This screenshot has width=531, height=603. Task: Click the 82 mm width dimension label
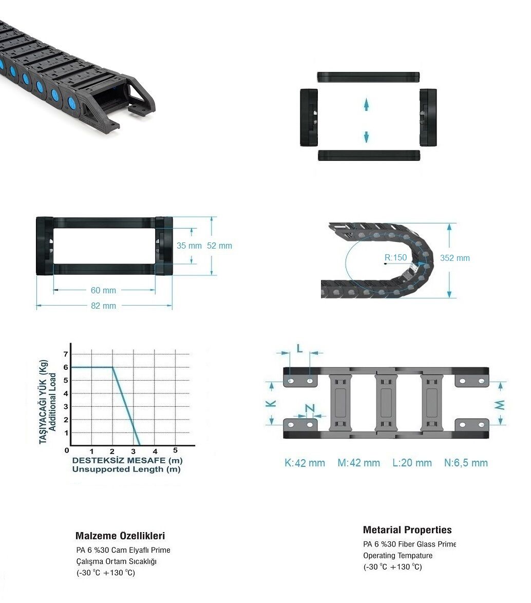tap(103, 306)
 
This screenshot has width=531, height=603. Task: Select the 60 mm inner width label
tap(103, 290)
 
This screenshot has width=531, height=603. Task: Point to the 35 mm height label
tap(189, 246)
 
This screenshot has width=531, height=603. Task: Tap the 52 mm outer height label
tap(219, 246)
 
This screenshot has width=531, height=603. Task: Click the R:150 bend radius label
tap(395, 257)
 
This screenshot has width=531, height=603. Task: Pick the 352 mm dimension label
tap(455, 258)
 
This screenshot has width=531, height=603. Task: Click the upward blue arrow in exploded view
tap(366, 104)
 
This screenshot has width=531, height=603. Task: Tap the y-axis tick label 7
tap(66, 354)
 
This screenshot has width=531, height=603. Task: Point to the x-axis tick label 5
tap(175, 450)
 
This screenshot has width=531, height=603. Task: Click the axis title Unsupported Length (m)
tap(126, 469)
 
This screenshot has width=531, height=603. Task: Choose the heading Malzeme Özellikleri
tap(120, 536)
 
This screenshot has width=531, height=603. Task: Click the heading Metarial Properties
tap(407, 530)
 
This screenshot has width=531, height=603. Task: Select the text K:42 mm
tap(305, 463)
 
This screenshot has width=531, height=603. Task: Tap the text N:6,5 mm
tap(466, 463)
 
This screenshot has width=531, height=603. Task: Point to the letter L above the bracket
tap(300, 349)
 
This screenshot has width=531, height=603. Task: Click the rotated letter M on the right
tap(500, 405)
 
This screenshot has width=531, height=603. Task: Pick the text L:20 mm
tap(412, 463)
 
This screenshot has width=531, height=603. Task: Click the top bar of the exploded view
tap(368, 77)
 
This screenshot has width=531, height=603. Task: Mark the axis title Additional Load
tap(53, 402)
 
